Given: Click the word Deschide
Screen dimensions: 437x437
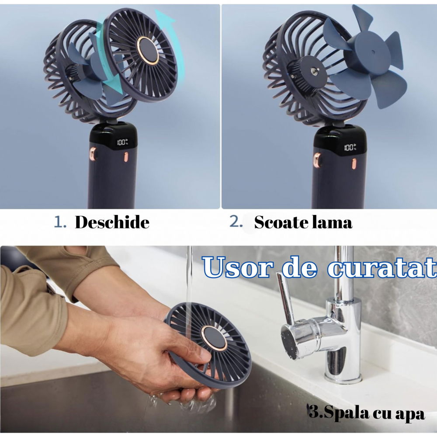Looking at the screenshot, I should [x=112, y=222].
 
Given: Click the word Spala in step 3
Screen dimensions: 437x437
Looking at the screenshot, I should [x=342, y=412].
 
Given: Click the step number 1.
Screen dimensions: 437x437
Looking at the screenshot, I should [x=59, y=222].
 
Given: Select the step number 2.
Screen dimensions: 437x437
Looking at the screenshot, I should [x=236, y=222].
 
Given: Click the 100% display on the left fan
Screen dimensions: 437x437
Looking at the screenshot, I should [x=122, y=142].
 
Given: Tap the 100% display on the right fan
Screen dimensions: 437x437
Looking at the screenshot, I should [x=350, y=147].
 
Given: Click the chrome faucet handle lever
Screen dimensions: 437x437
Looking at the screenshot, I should [x=284, y=292].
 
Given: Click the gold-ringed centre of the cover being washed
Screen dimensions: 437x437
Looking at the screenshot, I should [x=214, y=337].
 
